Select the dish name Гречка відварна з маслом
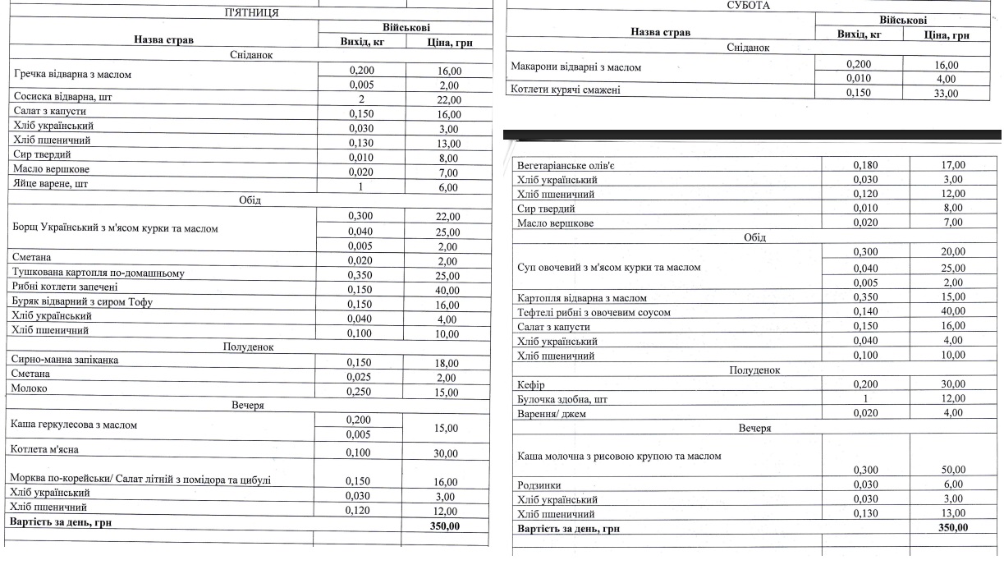pos(72,75)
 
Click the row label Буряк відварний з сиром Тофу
pos(83,301)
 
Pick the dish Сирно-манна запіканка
pos(66,360)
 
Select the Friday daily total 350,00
pos(446,522)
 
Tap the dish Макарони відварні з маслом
pos(575,67)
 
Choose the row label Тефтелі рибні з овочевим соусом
pos(594,312)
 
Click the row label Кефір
pos(531,385)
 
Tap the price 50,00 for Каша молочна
pos(952,471)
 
